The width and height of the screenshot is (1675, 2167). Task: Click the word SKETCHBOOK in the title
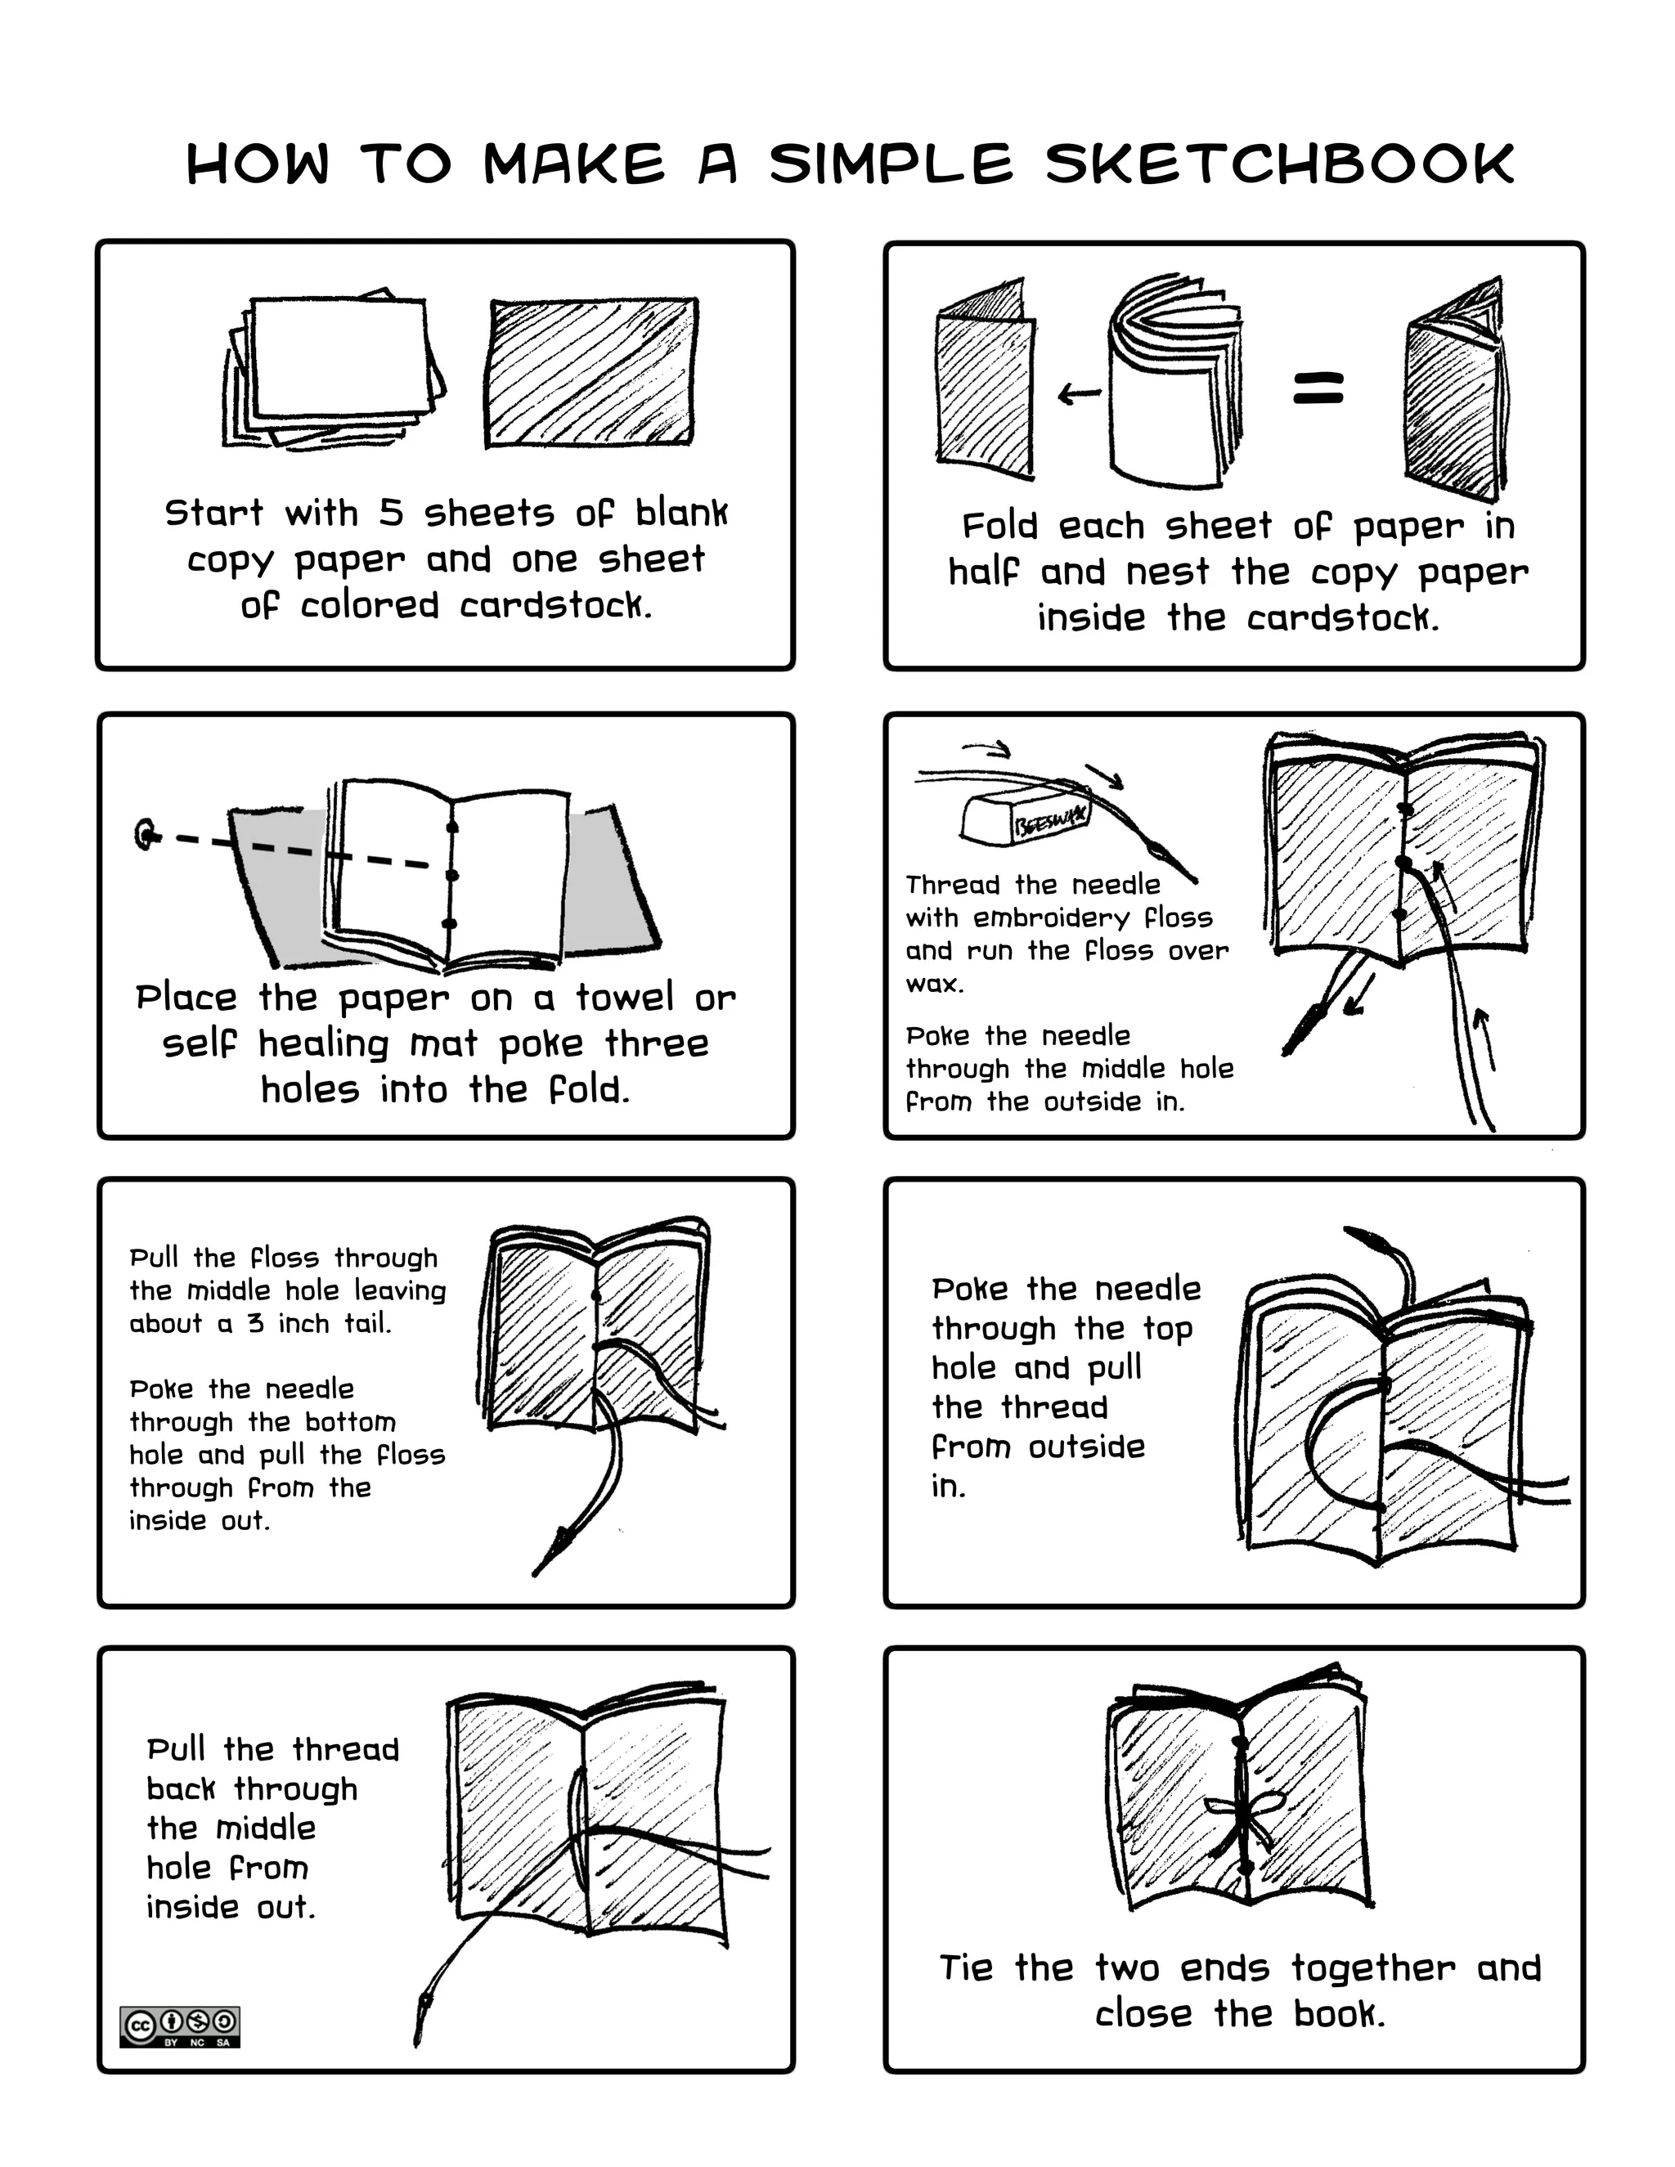point(1279,164)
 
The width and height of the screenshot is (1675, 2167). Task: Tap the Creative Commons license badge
point(180,2026)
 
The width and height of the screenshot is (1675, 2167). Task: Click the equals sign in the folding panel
point(1318,388)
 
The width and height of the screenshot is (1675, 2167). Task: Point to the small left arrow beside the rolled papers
point(1079,394)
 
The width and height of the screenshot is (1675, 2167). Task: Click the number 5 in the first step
point(391,513)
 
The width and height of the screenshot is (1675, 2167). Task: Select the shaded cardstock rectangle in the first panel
point(591,372)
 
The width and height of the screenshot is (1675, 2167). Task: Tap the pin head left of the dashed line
point(147,833)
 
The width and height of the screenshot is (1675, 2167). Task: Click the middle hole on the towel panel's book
point(451,875)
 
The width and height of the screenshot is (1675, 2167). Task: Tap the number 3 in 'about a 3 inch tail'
point(256,1324)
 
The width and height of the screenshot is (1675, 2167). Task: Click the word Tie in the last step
point(966,1967)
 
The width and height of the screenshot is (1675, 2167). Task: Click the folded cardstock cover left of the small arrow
point(985,392)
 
